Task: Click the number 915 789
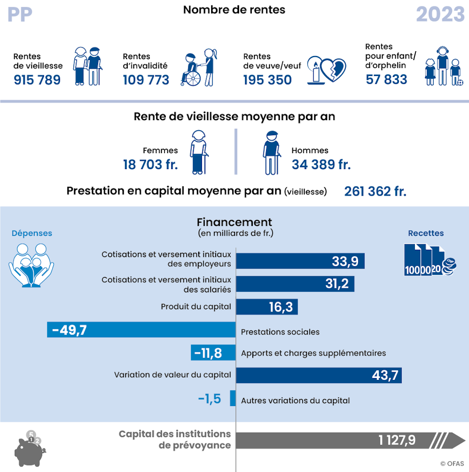coord(37,80)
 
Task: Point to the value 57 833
coord(387,79)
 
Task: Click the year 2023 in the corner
coord(440,15)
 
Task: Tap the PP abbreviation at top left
coord(20,15)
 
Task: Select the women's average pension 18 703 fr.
coord(150,165)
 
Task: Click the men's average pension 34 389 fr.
coord(321,165)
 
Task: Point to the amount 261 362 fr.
coord(375,191)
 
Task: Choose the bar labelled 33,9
coord(300,261)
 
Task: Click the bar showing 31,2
coord(295,284)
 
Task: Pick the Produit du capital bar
coord(267,307)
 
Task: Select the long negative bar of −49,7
coord(141,330)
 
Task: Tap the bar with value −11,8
coord(213,353)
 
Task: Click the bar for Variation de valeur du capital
coord(318,375)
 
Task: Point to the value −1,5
coord(210,399)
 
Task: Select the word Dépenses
coord(32,233)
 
